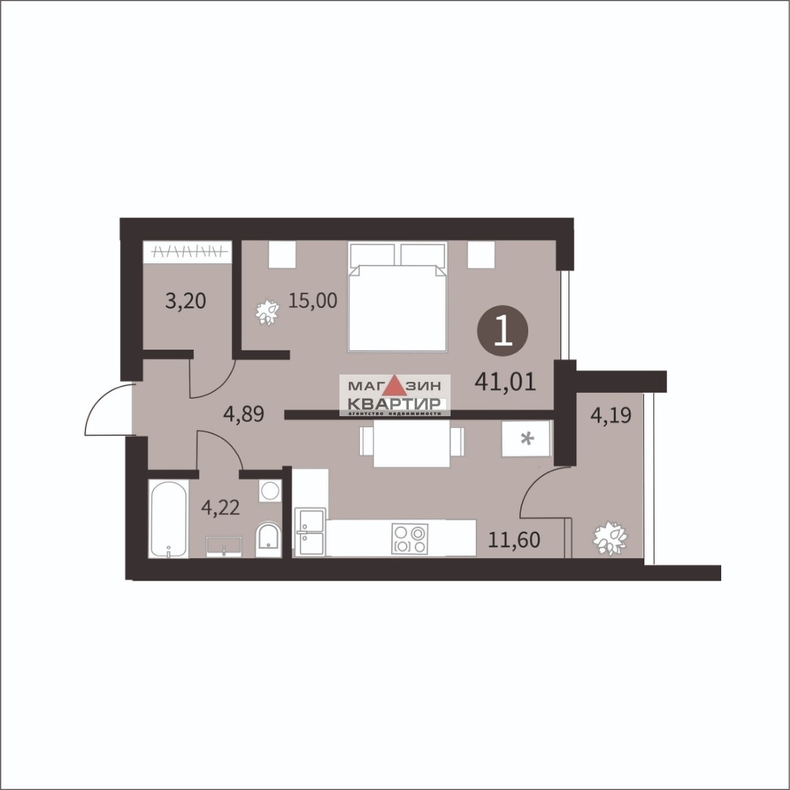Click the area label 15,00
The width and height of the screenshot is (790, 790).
[x=312, y=301]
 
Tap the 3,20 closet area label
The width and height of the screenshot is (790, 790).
[x=185, y=301]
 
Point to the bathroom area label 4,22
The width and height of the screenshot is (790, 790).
[x=220, y=507]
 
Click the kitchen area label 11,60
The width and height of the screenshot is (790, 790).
[x=514, y=540]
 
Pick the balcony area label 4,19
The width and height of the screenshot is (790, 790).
[x=611, y=415]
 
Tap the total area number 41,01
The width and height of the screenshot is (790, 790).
[x=505, y=383]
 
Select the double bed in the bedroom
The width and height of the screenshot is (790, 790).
[x=397, y=296]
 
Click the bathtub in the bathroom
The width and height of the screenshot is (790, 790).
[x=168, y=519]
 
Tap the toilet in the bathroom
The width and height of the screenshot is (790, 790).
[x=268, y=541]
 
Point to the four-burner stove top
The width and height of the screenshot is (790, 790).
[x=410, y=539]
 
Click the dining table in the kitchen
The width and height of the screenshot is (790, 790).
[x=412, y=442]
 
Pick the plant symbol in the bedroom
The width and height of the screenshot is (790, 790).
[x=267, y=313]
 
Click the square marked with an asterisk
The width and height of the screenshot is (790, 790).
[x=527, y=438]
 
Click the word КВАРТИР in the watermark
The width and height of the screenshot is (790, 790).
[x=394, y=404]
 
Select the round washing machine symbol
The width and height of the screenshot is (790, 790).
[x=270, y=490]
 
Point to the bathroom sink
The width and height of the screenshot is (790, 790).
[x=224, y=546]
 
